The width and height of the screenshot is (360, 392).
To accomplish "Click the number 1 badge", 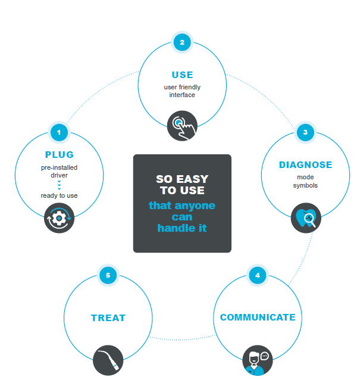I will tap(59, 132).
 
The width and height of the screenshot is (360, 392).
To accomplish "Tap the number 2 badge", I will tap(182, 42).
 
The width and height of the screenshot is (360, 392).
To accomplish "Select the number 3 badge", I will tap(305, 132).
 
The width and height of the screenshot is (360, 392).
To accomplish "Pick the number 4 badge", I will tap(257, 276).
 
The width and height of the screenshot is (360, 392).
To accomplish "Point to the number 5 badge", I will tap(108, 276).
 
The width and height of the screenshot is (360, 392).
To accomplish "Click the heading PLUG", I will tap(60, 155).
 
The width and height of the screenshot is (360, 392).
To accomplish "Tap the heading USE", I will tap(182, 75).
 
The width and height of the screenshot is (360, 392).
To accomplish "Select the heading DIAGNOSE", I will tap(305, 164).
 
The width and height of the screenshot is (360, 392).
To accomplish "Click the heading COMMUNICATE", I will tap(258, 318).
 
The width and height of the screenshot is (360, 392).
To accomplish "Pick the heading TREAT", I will tap(108, 318).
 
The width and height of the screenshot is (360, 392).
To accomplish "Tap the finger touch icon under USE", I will tap(181, 125).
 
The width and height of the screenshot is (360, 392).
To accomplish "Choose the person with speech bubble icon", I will tap(257, 360).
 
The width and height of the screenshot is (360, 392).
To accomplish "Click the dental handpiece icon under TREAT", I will tap(108, 360).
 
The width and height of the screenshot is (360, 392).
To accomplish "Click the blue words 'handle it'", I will tap(182, 228).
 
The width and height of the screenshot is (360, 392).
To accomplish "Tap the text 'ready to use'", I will tap(60, 195).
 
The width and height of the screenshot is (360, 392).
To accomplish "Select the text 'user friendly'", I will tap(182, 87).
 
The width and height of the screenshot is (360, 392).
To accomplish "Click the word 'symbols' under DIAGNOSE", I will tap(305, 185).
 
